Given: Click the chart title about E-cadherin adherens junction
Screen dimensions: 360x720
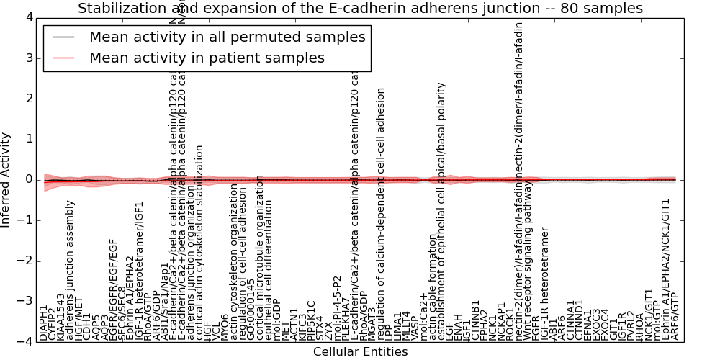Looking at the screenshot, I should [360, 9].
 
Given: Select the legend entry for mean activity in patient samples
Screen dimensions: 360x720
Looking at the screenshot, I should [207, 58].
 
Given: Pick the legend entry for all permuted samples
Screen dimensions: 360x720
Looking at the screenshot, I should [227, 37].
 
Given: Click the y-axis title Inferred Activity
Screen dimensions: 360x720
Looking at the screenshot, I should [6, 179].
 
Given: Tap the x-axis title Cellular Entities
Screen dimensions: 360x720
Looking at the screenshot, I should [360, 351].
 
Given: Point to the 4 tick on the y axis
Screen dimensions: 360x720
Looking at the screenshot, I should [27, 17].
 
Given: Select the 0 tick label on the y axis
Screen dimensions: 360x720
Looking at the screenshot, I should [27, 179].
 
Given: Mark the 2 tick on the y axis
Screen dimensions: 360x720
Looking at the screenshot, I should [27, 99].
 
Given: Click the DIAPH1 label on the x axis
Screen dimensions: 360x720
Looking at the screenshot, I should [44, 323].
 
